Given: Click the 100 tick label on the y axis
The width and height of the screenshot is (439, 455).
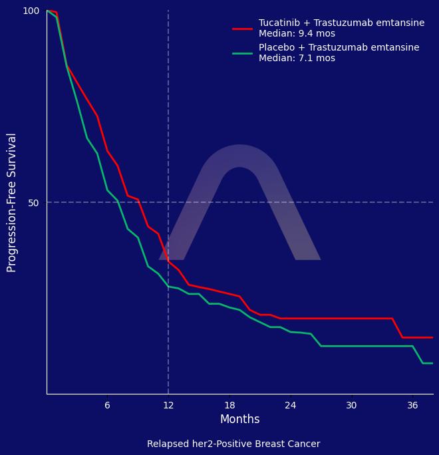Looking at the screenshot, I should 31,11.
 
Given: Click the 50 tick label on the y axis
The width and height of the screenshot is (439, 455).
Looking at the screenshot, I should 34,202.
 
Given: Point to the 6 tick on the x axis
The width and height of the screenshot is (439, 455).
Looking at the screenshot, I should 107,405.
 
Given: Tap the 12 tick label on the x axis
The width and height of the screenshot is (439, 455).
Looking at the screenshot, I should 168,405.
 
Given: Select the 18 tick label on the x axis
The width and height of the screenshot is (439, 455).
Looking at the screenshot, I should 229,405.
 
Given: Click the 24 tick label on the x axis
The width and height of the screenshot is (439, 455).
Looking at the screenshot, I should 291,405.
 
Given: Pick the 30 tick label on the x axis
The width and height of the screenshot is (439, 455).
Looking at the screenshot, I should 351,405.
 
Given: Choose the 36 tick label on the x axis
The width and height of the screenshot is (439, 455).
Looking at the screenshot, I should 412,405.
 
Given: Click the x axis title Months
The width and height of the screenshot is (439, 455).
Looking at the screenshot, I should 239,420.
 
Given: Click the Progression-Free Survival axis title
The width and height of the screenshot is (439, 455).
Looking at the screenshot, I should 12,202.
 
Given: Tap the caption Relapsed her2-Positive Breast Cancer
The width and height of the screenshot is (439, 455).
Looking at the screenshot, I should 233,444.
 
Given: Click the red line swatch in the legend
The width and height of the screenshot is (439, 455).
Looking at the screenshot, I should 242,29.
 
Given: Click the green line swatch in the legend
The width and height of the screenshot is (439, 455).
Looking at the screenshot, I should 242,53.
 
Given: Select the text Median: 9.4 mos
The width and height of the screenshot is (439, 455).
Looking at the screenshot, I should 297,34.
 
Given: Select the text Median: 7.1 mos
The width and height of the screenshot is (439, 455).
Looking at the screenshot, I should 297,59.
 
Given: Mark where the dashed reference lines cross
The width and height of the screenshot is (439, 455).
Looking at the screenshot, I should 168,202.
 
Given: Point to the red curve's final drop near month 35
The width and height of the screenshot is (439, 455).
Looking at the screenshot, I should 397,328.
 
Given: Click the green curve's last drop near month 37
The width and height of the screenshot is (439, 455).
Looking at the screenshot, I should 418,355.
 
